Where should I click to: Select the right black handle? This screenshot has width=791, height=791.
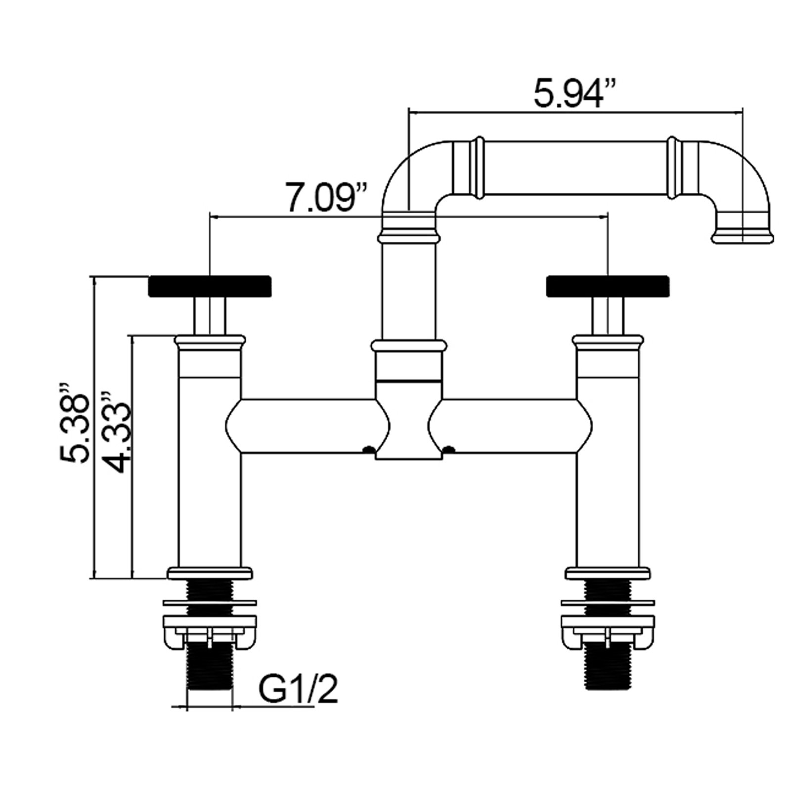[x=608, y=286]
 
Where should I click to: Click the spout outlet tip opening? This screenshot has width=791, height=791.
[x=742, y=238]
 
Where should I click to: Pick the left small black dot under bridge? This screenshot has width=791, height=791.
[x=367, y=449]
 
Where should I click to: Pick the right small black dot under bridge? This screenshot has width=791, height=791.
[x=449, y=449]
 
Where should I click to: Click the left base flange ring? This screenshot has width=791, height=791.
[x=210, y=573]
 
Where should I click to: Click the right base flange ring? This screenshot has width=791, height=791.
[x=608, y=573]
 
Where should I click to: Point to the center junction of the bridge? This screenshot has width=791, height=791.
[x=408, y=420]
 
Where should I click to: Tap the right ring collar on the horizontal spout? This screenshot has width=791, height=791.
[x=672, y=169]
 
